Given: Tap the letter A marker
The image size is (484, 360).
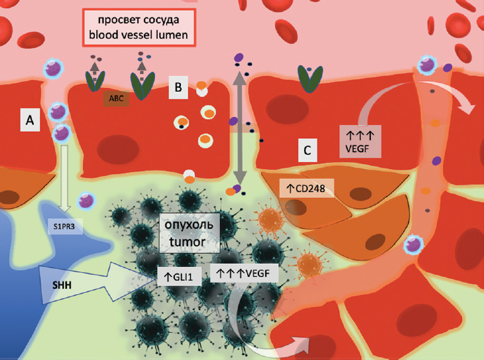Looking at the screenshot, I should click(30, 119).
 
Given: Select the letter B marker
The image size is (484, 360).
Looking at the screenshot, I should click(179, 90).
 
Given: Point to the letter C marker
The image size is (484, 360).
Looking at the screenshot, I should click(306, 151).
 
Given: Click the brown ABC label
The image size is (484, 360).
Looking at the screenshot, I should click(115, 97).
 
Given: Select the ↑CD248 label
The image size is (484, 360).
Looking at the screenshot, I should click(307, 187).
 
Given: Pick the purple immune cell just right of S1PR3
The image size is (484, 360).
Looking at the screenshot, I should click(84, 201).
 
